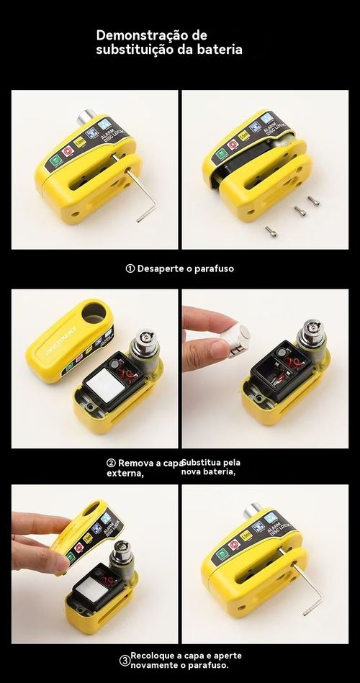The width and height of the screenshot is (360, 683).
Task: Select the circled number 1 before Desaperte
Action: tap(130, 268)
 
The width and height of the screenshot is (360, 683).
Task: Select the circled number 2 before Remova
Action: tap(112, 463)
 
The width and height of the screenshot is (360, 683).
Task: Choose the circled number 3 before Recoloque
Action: tap(125, 660)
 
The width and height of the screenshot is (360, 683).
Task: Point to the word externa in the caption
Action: tap(124, 473)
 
